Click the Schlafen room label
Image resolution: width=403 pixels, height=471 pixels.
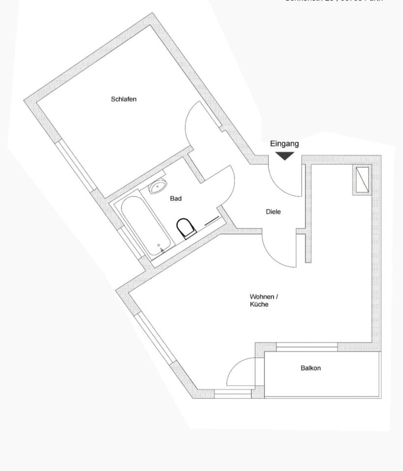[123, 99]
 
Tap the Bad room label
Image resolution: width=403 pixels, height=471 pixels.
[175, 199]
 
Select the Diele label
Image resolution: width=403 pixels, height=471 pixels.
[273, 212]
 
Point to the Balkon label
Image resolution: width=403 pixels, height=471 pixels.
[311, 368]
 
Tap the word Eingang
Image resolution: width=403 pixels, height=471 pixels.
[284, 144]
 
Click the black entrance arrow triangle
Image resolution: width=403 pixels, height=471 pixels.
[285, 156]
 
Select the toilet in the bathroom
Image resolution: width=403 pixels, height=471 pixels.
[185, 228]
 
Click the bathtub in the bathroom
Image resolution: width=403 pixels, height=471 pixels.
[145, 226]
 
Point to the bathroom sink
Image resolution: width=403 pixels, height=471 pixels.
[157, 187]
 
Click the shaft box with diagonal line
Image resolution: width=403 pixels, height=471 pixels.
[362, 179]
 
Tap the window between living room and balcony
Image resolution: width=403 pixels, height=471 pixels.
[307, 347]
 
